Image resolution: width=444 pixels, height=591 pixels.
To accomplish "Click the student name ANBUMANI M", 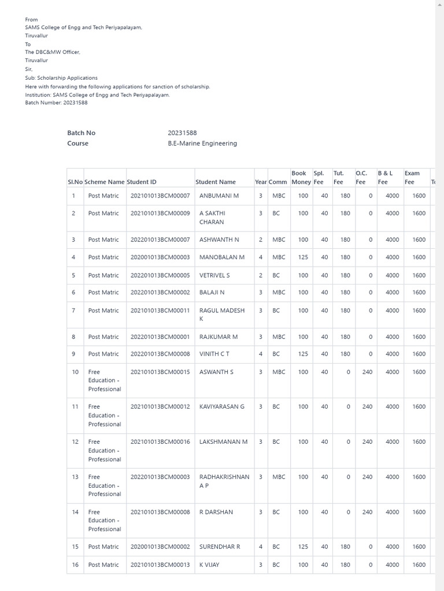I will coord(219,196).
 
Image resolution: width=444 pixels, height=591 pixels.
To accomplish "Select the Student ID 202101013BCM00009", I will coord(160,213).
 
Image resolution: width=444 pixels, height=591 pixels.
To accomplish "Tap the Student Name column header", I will coord(215,182).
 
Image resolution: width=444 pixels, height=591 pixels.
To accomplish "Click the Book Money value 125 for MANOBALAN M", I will coord(303,257).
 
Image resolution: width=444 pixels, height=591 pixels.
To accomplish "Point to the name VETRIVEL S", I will coord(214,275).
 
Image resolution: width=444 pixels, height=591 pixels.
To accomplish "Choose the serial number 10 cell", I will coord(75,372).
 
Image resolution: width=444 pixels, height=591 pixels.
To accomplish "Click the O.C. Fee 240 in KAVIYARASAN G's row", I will coord(367,406).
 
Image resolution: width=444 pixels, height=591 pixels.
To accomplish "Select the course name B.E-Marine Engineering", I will coord(202,143).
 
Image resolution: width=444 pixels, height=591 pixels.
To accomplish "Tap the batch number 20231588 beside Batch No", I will coord(182,133).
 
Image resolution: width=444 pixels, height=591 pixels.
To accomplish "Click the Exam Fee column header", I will coord(412,177).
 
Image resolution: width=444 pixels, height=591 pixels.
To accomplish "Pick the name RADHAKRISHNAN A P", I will coord(224,481).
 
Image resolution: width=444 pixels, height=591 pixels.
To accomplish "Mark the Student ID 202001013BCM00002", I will coord(160,547).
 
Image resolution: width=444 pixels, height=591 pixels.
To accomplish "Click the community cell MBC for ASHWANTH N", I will coord(279,240).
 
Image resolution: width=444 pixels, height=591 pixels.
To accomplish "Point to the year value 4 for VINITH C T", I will coord(261,354).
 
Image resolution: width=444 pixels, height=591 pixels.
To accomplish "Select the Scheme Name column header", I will coord(104,182).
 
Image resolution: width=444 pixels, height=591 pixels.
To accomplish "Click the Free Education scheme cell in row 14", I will coord(104,520).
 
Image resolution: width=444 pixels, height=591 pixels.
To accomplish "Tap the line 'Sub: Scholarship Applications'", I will coord(61,77).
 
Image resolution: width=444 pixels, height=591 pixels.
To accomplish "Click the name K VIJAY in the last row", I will coord(209,564).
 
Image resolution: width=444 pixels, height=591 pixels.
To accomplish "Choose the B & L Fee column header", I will coord(384,177).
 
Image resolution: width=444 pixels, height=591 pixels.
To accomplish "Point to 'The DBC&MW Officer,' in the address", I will coord(53,52).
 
